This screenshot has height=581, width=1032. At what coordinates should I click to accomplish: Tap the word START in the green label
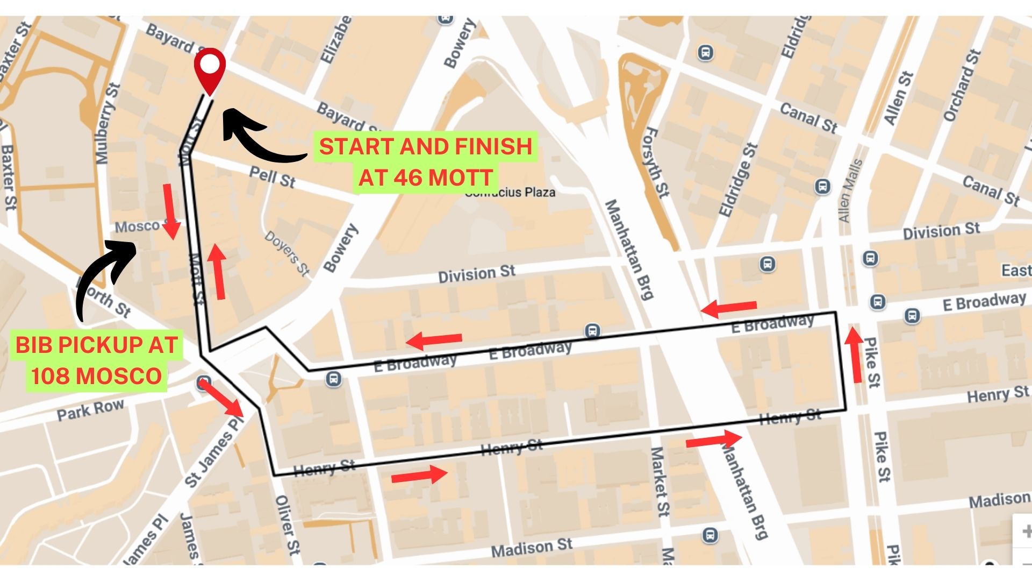[x=356, y=147]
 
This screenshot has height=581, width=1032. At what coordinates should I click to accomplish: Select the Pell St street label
[x=273, y=177]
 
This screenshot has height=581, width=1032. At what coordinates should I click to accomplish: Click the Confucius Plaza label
[x=510, y=193]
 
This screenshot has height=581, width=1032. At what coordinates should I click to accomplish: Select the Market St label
[x=660, y=481]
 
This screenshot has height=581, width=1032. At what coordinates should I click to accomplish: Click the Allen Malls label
[x=850, y=192]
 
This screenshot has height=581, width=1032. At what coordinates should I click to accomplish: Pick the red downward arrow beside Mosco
[x=170, y=211]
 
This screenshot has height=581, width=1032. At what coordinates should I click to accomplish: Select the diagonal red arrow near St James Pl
[x=221, y=398]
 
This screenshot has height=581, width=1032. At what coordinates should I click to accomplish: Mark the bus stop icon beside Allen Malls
[x=822, y=187]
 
